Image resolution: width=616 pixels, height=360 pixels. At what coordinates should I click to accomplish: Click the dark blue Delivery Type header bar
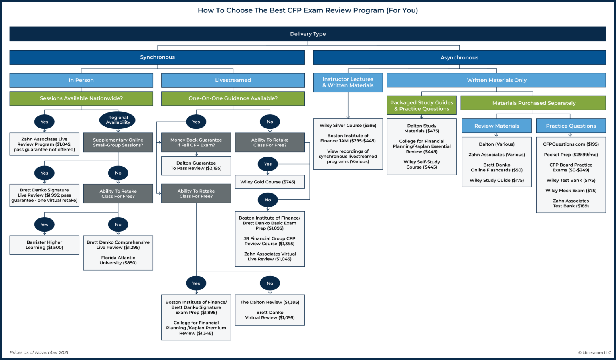coord(308,34)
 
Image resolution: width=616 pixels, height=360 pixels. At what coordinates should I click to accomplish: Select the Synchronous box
coord(157,57)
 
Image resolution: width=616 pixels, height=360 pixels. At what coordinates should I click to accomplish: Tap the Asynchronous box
coord(459,58)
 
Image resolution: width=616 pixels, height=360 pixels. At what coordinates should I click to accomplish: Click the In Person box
coord(81,80)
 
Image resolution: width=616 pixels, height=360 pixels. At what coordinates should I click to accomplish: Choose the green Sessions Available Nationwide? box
coord(81,98)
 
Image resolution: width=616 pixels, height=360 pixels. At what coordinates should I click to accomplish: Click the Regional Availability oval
coord(118,120)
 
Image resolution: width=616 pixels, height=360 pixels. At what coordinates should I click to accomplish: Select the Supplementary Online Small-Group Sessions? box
coord(118,142)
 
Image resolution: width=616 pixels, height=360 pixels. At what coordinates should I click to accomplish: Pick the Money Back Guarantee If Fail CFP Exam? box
coord(196,142)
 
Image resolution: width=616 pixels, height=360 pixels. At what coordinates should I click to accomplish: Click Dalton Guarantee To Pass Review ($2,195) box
coord(196,166)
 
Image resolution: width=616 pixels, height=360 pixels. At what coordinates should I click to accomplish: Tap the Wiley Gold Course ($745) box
coord(269,182)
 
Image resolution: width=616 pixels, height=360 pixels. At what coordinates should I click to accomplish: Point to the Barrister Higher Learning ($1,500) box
coord(45,245)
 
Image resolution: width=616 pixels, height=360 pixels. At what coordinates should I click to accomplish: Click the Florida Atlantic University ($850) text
coord(118,260)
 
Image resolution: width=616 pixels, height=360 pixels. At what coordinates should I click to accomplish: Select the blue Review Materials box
coord(496,126)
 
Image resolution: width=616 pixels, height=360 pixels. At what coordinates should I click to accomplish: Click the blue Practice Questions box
coord(571,126)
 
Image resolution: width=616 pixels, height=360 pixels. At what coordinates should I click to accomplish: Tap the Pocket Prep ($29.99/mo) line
coord(571,155)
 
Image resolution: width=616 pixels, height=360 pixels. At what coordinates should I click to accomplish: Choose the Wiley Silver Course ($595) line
coord(348,126)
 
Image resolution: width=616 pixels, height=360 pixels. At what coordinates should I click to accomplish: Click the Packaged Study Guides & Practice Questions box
coord(421,106)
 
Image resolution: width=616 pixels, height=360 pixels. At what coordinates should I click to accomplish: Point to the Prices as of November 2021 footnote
coord(39,352)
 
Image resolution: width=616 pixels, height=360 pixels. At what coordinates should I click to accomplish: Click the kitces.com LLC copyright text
coord(595,353)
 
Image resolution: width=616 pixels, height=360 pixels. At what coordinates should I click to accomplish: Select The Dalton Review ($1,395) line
coord(269,302)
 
